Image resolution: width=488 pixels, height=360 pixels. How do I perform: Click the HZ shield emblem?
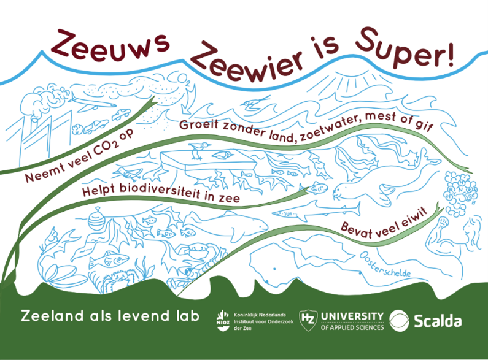[307, 318]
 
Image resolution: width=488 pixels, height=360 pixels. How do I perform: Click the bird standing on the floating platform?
[196, 148]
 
